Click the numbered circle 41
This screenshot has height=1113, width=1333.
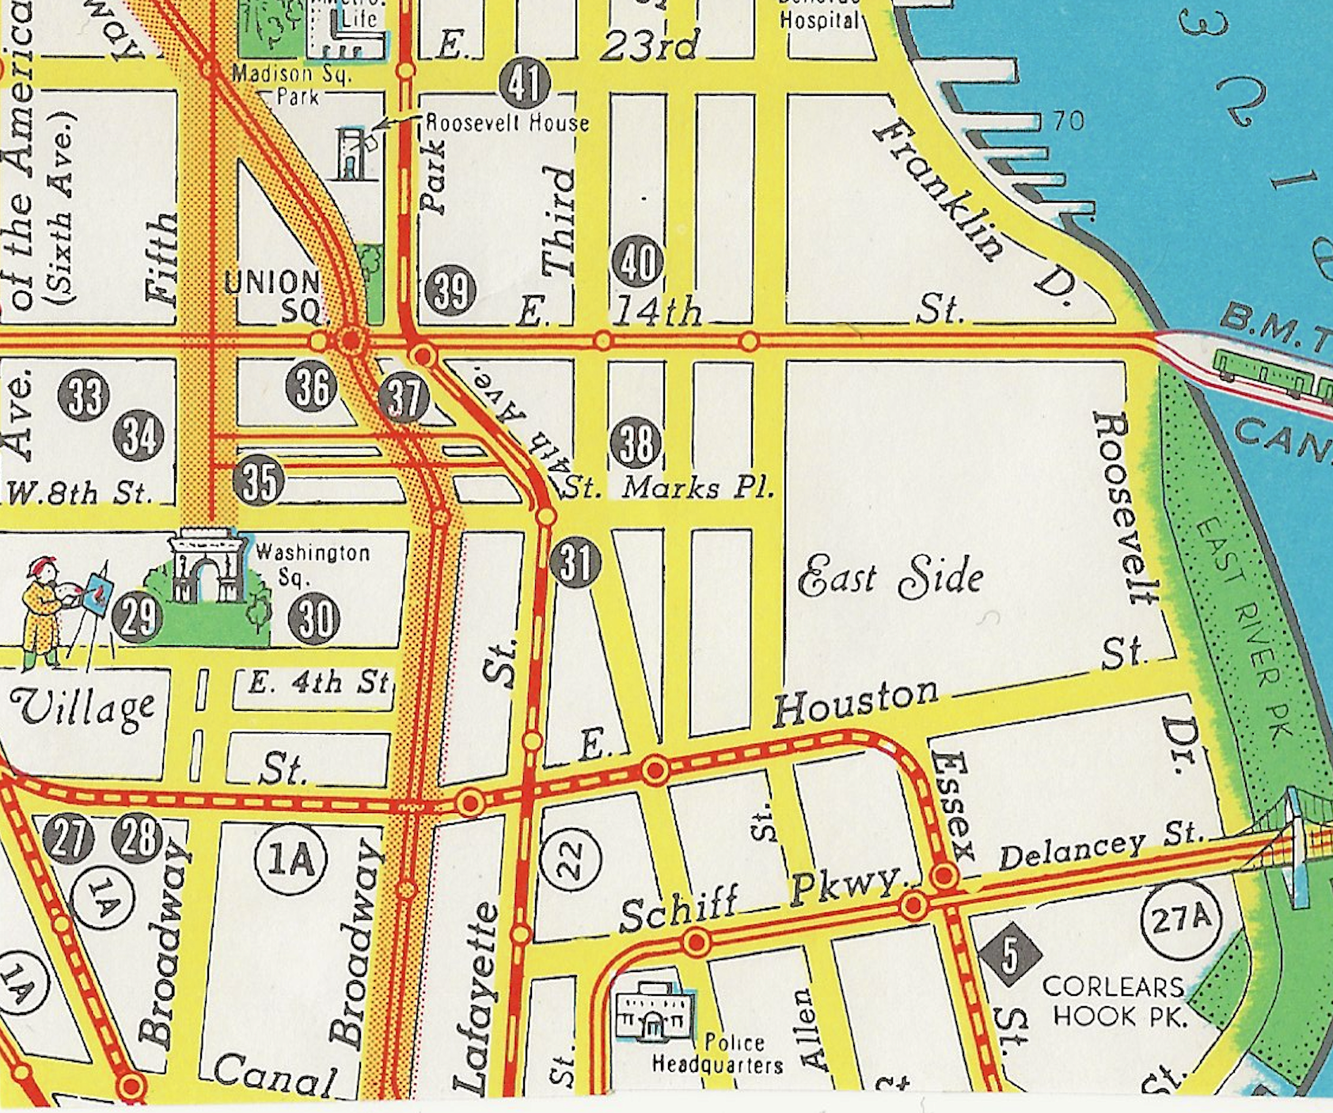[525, 84]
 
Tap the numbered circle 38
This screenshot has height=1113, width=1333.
[636, 443]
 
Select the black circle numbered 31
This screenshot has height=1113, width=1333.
[575, 562]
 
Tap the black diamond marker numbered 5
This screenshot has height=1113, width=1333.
[1009, 955]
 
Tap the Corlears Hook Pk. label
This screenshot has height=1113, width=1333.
[1116, 1001]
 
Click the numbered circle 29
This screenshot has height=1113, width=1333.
[138, 617]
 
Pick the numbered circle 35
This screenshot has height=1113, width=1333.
[260, 480]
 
